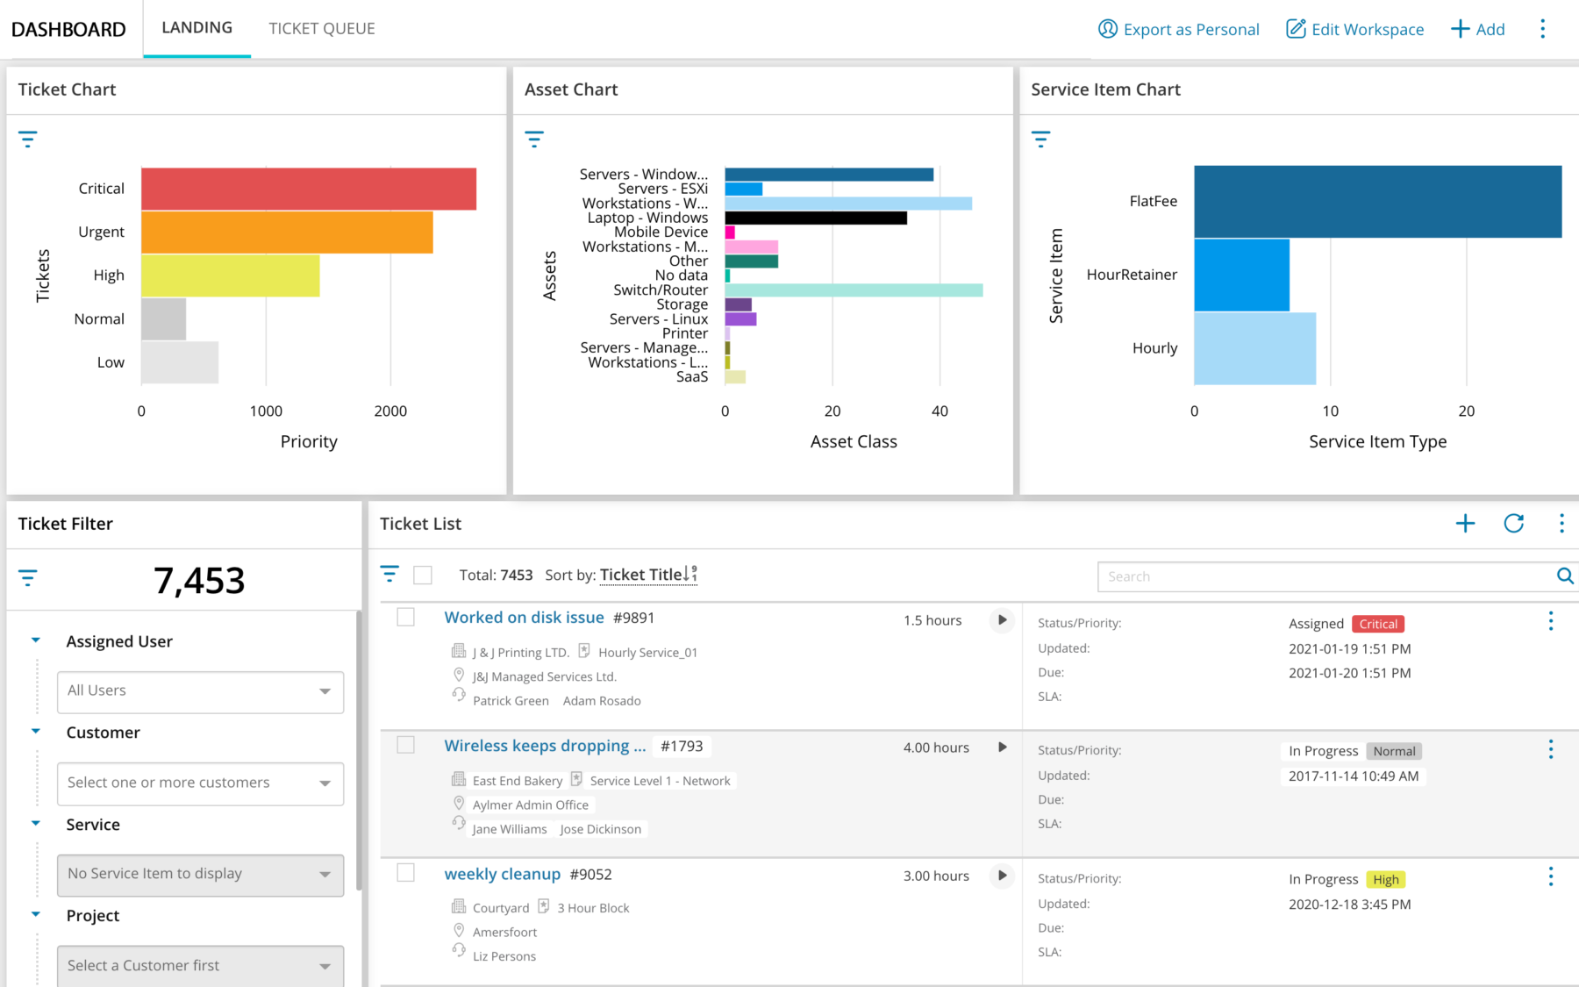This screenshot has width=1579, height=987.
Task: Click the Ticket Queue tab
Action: [322, 29]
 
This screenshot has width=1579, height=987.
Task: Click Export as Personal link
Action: [1178, 29]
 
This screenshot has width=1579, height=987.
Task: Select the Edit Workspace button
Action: [1354, 29]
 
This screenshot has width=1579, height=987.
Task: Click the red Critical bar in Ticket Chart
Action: [309, 189]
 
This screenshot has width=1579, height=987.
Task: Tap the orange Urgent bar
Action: [287, 232]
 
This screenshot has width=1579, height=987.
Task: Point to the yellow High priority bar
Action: [230, 275]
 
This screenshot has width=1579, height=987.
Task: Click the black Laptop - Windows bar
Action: [816, 218]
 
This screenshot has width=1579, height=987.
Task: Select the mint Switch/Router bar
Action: [854, 290]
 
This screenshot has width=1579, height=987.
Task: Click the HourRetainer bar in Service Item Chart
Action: [1241, 275]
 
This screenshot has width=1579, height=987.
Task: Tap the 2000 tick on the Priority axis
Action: [390, 411]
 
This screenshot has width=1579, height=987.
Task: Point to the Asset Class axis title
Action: [854, 441]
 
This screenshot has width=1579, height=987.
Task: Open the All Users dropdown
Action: [200, 691]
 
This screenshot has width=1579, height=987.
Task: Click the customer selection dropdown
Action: [200, 783]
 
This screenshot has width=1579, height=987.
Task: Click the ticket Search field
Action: [1325, 576]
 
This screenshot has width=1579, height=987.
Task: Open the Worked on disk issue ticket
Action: [524, 618]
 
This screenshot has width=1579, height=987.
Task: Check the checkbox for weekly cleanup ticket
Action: [405, 873]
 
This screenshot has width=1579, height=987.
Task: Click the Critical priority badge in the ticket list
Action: [1378, 624]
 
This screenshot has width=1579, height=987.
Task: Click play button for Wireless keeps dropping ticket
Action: [1002, 747]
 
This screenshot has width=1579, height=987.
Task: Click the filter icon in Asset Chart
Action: [534, 139]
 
